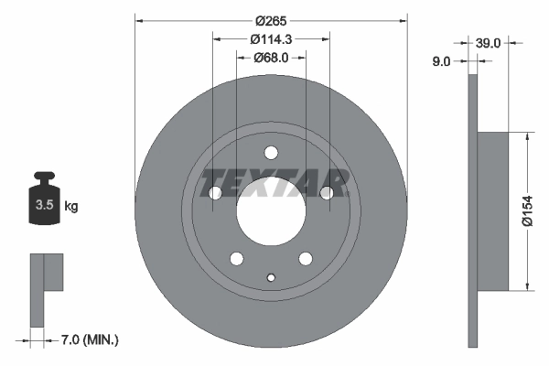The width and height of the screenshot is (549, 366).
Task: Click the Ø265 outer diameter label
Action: [270, 19]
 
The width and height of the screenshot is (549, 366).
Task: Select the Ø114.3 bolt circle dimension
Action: [270, 38]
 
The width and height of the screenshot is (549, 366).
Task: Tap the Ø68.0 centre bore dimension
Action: [270, 57]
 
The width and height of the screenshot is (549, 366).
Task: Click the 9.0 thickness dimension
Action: [441, 61]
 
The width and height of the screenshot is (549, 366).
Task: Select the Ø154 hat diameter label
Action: [528, 211]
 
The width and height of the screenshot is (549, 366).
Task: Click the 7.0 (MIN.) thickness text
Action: [88, 340]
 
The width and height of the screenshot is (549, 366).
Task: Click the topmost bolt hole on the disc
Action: [270, 153]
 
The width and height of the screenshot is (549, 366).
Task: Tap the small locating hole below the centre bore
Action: [270, 277]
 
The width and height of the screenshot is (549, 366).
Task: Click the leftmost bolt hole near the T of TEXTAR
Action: [214, 193]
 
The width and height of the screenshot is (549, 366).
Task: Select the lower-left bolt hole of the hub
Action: [235, 258]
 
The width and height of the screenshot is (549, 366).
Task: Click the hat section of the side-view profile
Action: [492, 211]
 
